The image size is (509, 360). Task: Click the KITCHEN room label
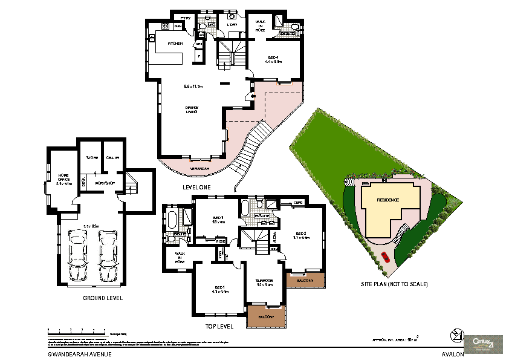click(x=175, y=44)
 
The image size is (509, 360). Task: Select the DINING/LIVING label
click(x=192, y=109)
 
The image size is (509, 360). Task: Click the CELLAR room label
click(x=113, y=157)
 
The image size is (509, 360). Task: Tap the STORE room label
click(x=92, y=157)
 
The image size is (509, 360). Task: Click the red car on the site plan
click(x=385, y=257)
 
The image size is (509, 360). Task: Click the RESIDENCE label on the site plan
click(x=389, y=199)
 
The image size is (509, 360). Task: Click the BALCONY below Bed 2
click(x=305, y=281)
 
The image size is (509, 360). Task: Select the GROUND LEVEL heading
click(x=103, y=298)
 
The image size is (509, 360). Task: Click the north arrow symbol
click(x=456, y=335)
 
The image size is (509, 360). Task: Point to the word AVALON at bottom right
click(x=453, y=355)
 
